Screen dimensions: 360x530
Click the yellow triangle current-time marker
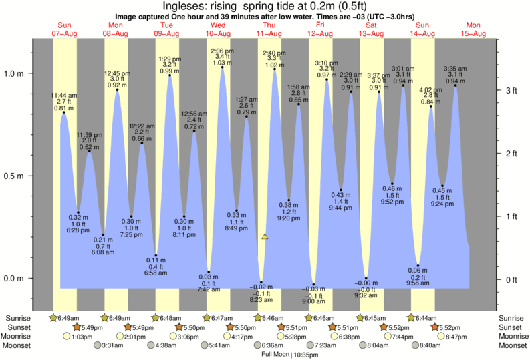click(265, 236)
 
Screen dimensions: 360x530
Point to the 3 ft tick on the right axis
click(511, 90)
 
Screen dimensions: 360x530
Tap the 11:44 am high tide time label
click(65, 96)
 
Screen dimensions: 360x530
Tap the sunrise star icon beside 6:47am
click(207, 318)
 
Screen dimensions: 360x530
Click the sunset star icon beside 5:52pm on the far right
click(435, 327)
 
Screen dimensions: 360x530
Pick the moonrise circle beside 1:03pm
click(66, 336)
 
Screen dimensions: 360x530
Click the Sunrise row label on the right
click(511, 318)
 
